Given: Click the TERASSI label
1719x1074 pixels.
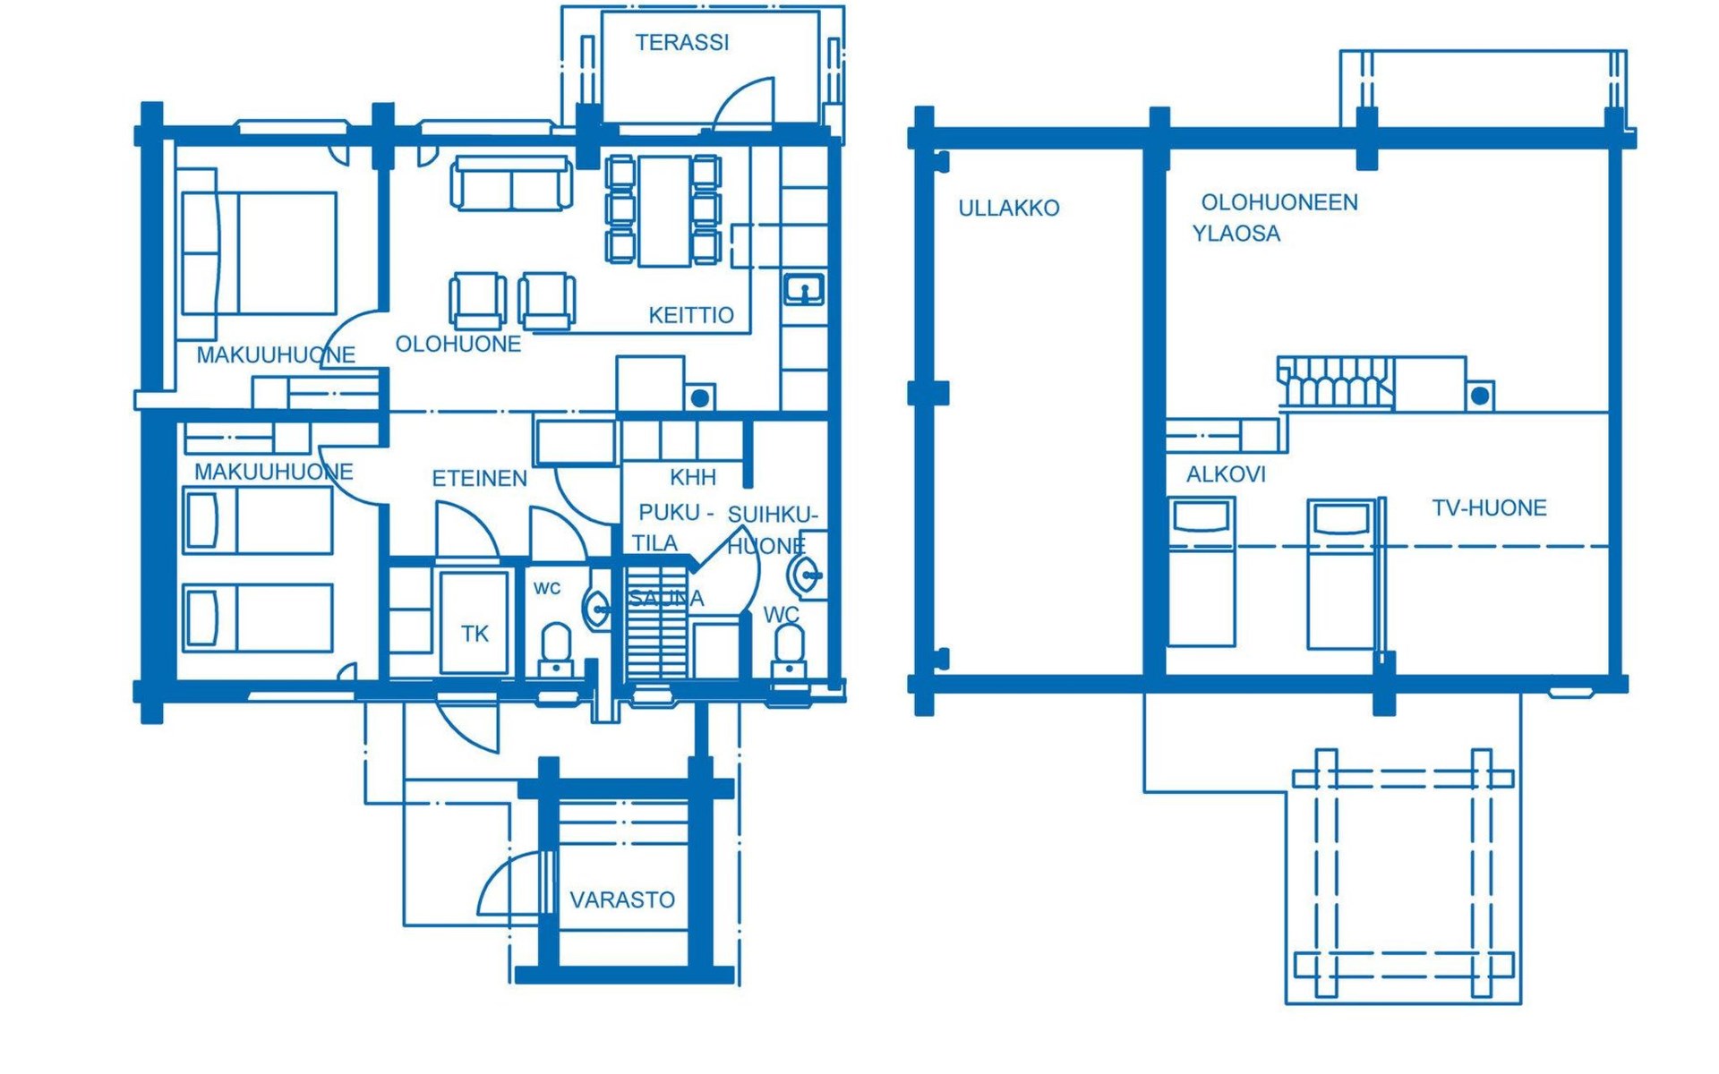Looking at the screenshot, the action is [x=682, y=42].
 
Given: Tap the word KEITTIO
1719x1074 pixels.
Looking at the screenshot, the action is [x=691, y=315].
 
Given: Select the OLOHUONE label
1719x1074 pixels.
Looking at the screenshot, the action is [x=458, y=344].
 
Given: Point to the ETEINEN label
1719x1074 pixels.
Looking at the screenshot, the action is [x=480, y=479].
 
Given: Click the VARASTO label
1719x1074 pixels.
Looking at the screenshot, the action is [x=622, y=899].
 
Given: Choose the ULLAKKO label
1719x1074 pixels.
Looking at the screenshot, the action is [x=1009, y=208].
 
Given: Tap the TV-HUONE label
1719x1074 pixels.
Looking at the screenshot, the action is [x=1490, y=508].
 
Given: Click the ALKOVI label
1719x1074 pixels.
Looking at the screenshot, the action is [x=1226, y=474].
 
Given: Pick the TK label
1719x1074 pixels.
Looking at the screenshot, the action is [x=475, y=634].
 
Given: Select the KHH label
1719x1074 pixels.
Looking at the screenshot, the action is [x=693, y=477].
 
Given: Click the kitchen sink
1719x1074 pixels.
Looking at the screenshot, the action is [x=804, y=289].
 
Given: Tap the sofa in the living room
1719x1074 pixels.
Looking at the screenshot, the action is [x=511, y=183].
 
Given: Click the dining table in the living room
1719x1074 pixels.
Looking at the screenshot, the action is [x=664, y=211].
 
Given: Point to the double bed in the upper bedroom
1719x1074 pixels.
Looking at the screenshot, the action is [x=259, y=253].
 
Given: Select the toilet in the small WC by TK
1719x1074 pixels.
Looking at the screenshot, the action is [x=556, y=650].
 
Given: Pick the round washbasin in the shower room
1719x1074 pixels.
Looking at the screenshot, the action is [x=805, y=575].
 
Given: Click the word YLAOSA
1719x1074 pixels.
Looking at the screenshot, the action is [x=1236, y=234].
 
